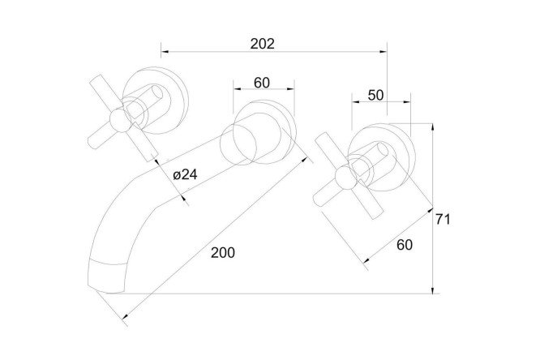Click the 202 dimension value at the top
[263, 44]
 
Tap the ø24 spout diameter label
[186, 174]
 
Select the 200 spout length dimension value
[223, 252]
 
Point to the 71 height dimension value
[443, 219]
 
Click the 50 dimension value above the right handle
[375, 95]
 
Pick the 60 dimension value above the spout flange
[262, 83]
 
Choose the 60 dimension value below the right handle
[405, 245]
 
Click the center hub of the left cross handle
[120, 121]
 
